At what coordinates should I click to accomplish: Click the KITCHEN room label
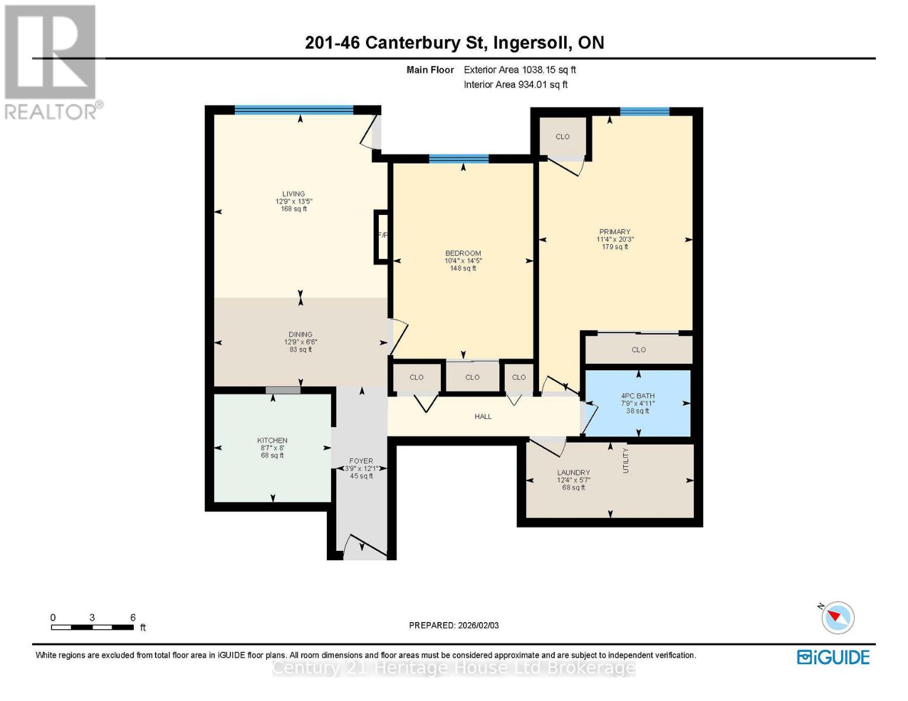272,440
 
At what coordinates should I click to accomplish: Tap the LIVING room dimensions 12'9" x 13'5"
294,201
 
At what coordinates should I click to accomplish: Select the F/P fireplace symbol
382,237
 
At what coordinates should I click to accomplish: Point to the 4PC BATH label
638,395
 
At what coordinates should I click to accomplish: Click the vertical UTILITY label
626,460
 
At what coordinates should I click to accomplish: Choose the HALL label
483,417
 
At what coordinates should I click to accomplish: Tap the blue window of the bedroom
459,158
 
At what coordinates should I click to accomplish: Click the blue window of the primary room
645,111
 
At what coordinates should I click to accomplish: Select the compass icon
837,617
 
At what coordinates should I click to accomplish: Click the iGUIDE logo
833,657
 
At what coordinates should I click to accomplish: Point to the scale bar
92,627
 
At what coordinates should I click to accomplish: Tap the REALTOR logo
51,63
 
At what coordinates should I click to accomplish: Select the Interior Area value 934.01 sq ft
543,84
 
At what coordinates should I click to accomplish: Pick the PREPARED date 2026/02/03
478,625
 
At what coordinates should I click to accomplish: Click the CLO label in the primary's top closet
562,137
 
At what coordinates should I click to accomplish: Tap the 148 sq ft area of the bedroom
463,268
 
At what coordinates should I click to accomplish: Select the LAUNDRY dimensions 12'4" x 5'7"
574,480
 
